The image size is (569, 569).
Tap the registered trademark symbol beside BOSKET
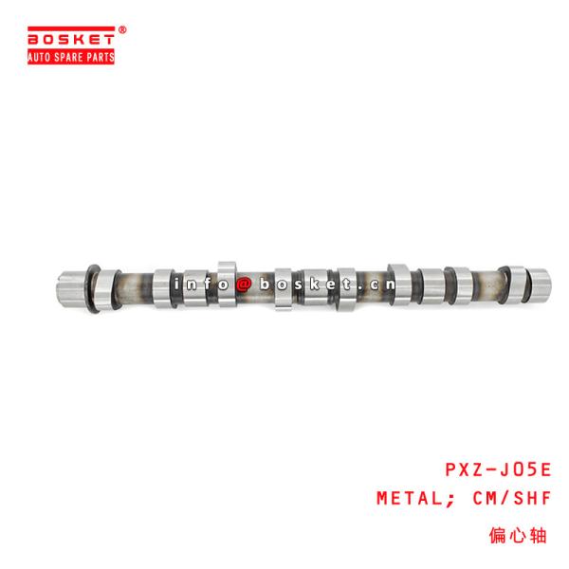[x=121, y=30]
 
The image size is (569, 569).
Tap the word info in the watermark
[x=199, y=284]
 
